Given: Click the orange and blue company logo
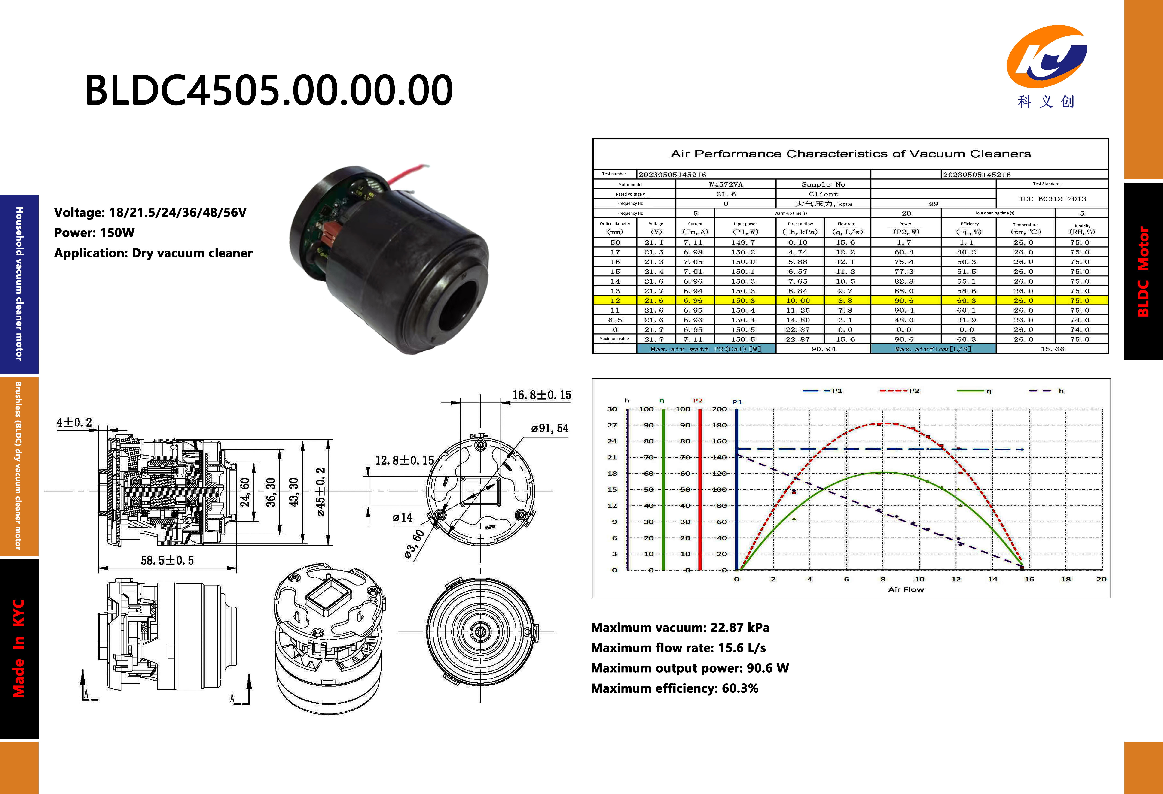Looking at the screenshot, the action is point(1046,57).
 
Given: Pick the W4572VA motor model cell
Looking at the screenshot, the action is point(726,184).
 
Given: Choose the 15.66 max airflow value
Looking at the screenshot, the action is point(1052,349).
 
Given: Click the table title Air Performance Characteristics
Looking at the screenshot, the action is point(851,154).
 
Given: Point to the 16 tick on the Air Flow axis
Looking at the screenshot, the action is point(1029,579).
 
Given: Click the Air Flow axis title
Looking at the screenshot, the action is point(906,589).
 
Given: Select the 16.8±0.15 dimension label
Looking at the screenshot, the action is point(541,395).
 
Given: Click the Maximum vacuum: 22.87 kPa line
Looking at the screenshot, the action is point(680,628).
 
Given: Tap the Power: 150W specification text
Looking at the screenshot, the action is point(94,232).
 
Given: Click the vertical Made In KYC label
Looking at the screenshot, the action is point(18,649).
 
